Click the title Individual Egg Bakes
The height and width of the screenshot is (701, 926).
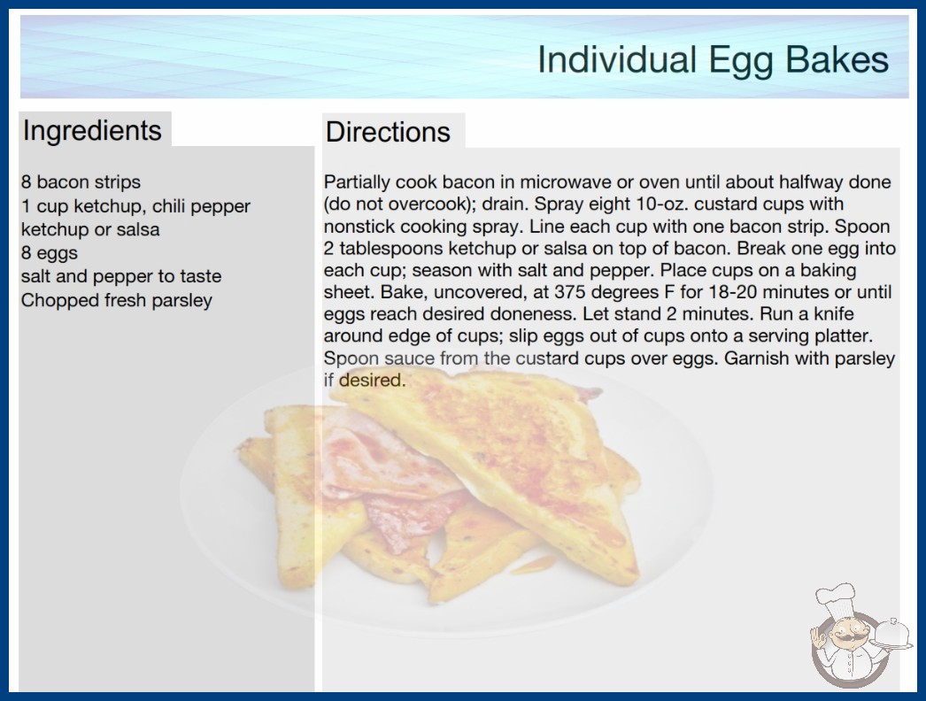coord(713,60)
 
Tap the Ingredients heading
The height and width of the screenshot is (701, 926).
coord(92,131)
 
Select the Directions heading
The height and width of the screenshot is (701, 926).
coord(388,132)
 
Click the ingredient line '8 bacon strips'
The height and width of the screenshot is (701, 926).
coord(81,182)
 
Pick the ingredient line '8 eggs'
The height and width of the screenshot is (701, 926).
coord(50,253)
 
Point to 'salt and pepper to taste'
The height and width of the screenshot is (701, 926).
coord(121,276)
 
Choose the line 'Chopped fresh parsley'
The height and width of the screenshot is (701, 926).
coord(117,300)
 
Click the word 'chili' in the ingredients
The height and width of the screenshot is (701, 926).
coord(169,206)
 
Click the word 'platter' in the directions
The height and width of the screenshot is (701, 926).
coord(844,336)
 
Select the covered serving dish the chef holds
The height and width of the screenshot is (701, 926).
coord(891,634)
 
